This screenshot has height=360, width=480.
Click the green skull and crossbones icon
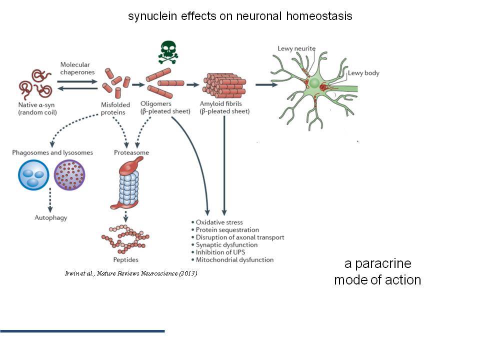[168, 52]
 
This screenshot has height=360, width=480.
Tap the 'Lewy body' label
[363, 73]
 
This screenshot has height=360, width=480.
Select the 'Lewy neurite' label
[296, 48]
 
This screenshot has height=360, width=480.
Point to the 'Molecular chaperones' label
[77, 68]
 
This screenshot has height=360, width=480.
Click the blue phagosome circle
[33, 175]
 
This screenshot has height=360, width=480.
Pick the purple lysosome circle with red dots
[69, 175]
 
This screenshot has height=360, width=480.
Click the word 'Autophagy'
[51, 217]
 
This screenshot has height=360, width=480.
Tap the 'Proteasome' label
[131, 152]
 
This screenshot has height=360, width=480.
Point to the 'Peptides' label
[126, 259]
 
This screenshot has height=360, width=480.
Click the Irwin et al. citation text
[131, 273]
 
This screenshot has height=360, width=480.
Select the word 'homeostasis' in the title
[319, 16]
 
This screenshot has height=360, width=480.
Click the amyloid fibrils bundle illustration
[224, 85]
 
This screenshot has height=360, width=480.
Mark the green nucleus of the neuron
[314, 83]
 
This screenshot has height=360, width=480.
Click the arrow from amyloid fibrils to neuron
[266, 84]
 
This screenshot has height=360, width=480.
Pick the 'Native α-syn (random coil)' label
[37, 108]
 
